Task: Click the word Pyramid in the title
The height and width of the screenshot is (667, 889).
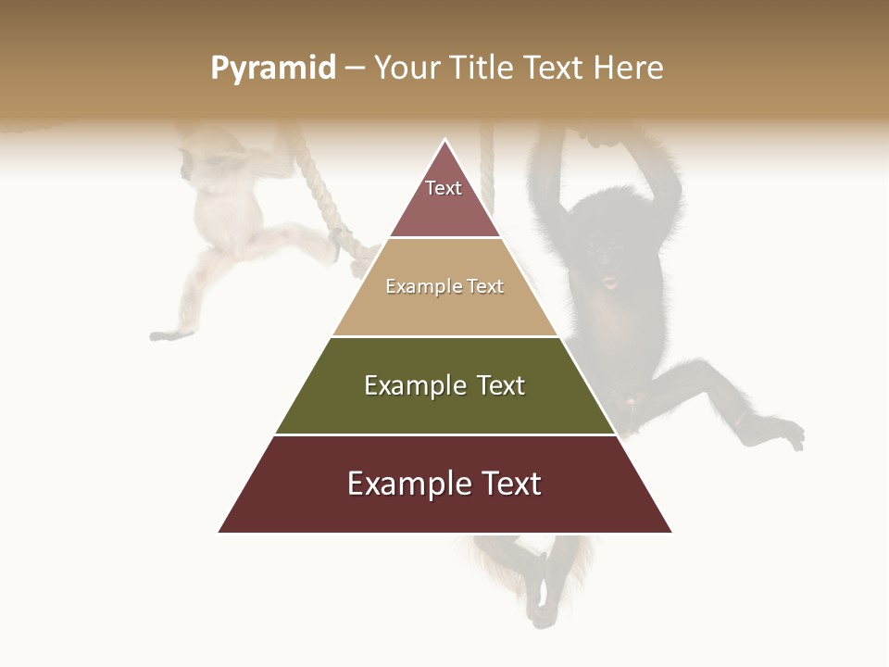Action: pyautogui.click(x=272, y=69)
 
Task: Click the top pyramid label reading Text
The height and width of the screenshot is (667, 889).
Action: pyautogui.click(x=444, y=188)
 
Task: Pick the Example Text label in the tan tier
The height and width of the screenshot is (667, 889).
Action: pyautogui.click(x=444, y=286)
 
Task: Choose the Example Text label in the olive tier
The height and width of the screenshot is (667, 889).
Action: pyautogui.click(x=444, y=385)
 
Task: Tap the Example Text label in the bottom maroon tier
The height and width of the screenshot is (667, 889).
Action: pyautogui.click(x=444, y=484)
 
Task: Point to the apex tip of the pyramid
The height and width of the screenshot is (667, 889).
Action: pyautogui.click(x=445, y=140)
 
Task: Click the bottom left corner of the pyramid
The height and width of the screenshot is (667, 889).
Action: pyautogui.click(x=219, y=532)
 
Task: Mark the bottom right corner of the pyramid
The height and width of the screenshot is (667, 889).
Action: pyautogui.click(x=671, y=532)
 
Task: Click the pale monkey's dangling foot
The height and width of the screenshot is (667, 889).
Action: pyautogui.click(x=171, y=333)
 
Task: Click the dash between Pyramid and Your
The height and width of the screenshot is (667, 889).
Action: pyautogui.click(x=355, y=69)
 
